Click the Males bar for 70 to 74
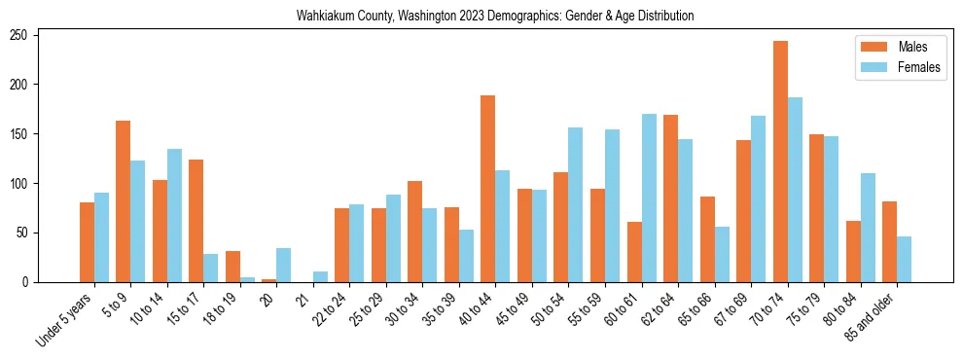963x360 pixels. (x=780, y=162)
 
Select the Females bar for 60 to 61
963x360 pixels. (x=649, y=198)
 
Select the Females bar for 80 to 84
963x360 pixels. (x=868, y=228)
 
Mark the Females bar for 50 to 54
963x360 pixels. (x=576, y=205)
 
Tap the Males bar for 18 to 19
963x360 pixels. (x=232, y=267)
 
